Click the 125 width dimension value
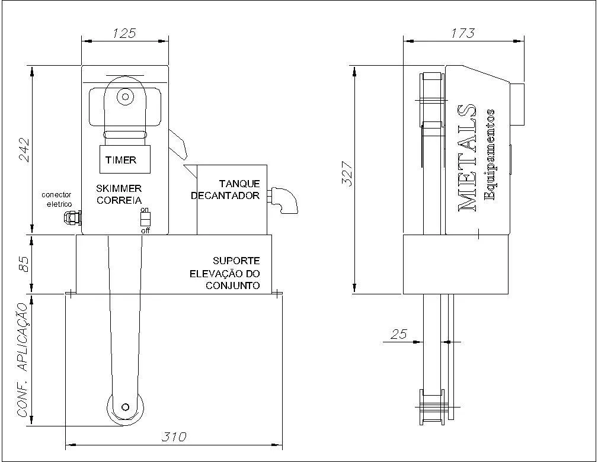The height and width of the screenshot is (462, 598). [x=124, y=33]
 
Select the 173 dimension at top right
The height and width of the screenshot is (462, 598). [x=463, y=33]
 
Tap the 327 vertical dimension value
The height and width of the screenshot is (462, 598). [x=347, y=173]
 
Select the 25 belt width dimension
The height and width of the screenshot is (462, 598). [x=399, y=334]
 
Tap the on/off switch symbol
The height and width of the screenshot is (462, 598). [x=145, y=219]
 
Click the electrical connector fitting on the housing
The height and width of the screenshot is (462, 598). [x=72, y=218]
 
